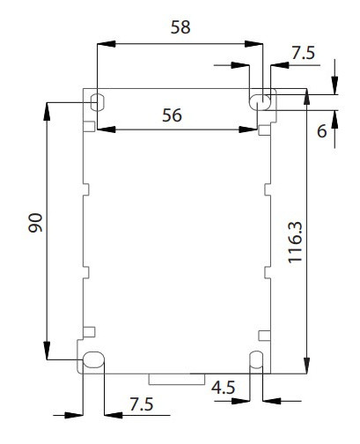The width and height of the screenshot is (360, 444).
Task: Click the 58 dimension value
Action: [x=180, y=27]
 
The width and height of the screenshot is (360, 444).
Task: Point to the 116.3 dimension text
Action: [x=320, y=238]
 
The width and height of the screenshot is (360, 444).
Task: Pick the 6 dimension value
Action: [x=321, y=131]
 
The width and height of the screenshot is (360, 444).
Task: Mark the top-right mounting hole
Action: [x=261, y=100]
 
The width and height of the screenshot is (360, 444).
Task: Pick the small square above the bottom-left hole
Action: [x=88, y=332]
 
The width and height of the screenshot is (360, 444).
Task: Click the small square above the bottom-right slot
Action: [x=264, y=333]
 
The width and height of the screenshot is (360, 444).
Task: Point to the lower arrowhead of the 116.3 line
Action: [x=305, y=368]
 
